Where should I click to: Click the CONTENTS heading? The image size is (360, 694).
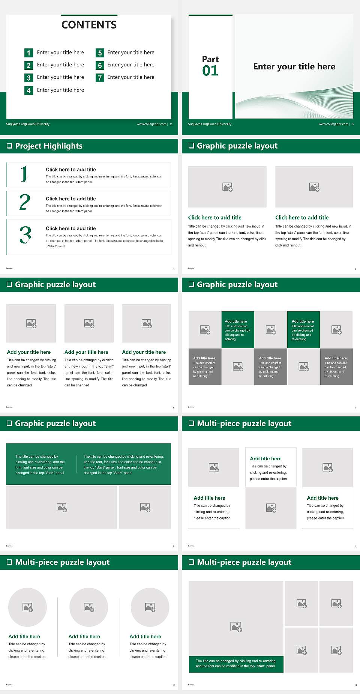(x=89, y=25)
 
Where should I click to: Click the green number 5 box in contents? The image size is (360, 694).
(x=100, y=53)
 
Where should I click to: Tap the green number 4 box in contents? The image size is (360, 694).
(x=28, y=90)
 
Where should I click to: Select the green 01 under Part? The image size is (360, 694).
(x=210, y=71)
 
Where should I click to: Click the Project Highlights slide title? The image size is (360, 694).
(x=49, y=146)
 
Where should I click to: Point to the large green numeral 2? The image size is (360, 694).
(x=25, y=202)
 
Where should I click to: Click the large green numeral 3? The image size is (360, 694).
(x=25, y=235)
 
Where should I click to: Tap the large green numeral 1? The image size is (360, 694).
(x=24, y=174)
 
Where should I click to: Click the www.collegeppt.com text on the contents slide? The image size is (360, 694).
(x=151, y=124)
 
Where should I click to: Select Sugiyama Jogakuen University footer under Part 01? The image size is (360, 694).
(x=210, y=124)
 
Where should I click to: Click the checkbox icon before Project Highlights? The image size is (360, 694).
(x=10, y=146)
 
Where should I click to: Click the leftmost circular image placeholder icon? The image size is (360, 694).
(x=28, y=607)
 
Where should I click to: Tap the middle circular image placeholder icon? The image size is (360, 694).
(x=89, y=607)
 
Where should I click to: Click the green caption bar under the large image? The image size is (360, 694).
(x=236, y=664)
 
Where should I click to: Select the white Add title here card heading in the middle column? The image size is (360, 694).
(x=265, y=458)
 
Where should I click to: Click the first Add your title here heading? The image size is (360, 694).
(x=29, y=352)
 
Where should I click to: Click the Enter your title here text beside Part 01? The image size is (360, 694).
(x=294, y=66)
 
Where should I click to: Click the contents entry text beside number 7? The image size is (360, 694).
(x=130, y=77)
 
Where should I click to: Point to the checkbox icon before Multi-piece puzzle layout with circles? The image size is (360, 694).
(x=10, y=562)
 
